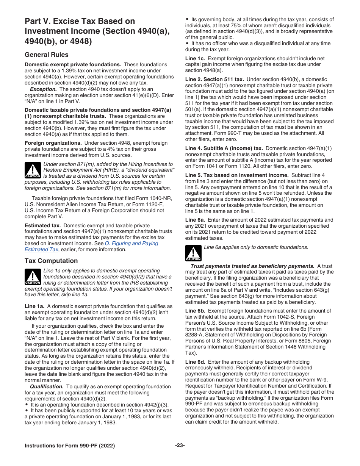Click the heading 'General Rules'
47,55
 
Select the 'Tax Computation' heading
51,261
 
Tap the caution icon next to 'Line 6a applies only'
193,253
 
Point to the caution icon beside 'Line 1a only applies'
33,277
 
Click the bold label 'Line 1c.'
195,58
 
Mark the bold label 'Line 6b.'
196,311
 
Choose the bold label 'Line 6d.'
196,362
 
